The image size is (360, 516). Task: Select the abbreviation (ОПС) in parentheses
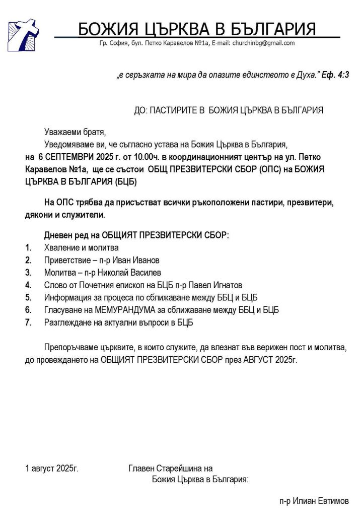pos(273,169)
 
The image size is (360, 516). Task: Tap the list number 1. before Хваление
pos(29,247)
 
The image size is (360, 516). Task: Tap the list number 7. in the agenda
pos(29,322)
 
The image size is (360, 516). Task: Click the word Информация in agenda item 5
pos(66,297)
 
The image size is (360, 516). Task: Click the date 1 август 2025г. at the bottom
pos(52,469)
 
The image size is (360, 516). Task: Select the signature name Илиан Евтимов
pos(322,501)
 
